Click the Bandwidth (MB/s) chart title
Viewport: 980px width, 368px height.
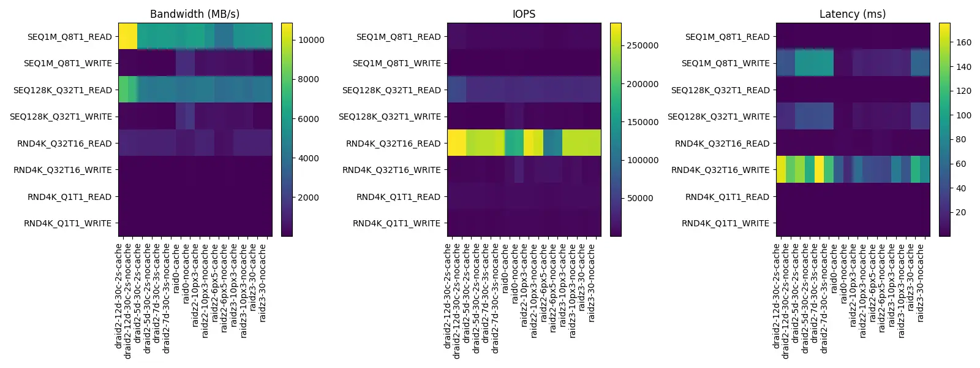(x=195, y=13)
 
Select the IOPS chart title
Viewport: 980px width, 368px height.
(x=524, y=13)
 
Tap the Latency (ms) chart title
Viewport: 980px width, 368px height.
(x=853, y=13)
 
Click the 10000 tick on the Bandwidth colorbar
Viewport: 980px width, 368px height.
(x=311, y=40)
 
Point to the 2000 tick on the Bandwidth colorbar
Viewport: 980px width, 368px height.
(x=309, y=197)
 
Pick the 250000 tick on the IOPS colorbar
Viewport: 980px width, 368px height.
(x=643, y=45)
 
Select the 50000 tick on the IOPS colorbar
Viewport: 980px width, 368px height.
(x=640, y=198)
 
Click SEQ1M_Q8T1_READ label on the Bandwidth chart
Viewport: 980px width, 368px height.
(x=69, y=37)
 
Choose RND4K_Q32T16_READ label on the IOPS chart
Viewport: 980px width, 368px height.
(x=393, y=144)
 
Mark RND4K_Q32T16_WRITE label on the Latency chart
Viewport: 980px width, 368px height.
(x=720, y=170)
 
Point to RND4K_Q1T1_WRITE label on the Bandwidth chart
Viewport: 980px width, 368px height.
(x=67, y=223)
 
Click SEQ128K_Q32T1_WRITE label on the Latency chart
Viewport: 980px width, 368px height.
(x=718, y=117)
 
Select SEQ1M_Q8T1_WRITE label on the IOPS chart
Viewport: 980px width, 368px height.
(x=396, y=63)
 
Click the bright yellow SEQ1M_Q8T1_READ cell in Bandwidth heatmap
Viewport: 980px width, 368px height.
(x=127, y=36)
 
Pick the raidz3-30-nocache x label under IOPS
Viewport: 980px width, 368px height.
(x=591, y=282)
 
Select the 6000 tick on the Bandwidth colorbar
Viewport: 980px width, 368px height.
(x=309, y=119)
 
